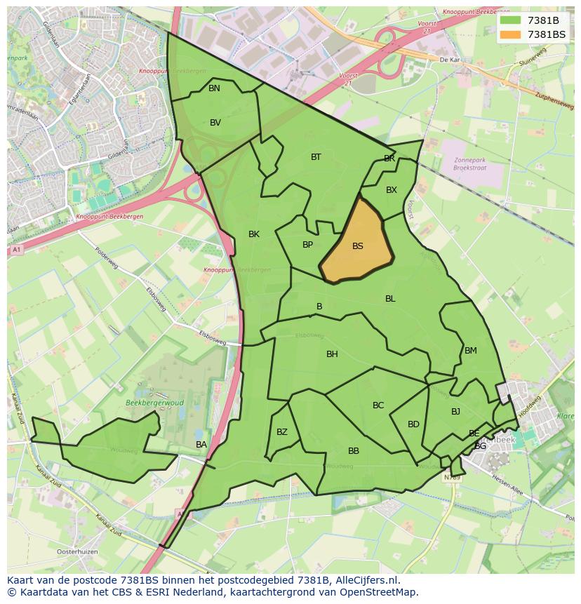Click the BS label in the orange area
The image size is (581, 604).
pos(358,246)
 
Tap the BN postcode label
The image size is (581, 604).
pos(214,88)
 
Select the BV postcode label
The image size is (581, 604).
pos(215,123)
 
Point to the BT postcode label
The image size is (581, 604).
pos(316,157)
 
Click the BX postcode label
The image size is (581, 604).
pos(392,190)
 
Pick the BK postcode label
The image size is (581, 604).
pos(254,234)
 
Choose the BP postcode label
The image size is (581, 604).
pos(307,245)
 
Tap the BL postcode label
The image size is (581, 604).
pos(390,299)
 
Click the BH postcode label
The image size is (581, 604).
pos(332,354)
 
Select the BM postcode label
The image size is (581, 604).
pos(470,351)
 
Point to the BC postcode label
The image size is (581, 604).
pos(378,405)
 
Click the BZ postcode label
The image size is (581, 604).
pos(281,432)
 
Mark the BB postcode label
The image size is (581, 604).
pos(354,451)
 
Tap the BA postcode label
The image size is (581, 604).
pos(201,445)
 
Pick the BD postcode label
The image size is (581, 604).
pos(413,424)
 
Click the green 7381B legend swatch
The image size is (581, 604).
pos(511,20)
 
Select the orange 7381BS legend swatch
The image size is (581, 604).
pos(511,34)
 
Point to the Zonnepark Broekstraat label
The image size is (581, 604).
pos(469,164)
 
